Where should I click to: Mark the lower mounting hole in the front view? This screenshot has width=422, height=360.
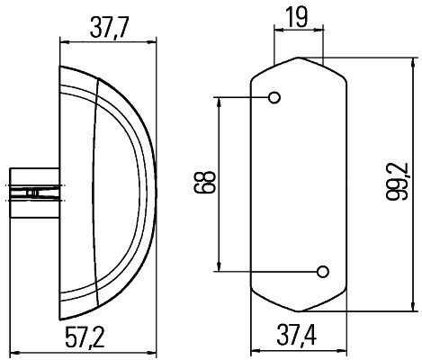(x=321, y=271)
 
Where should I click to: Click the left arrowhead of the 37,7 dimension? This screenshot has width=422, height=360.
(x=63, y=40)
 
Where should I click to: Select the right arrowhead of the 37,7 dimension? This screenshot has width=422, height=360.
(x=151, y=40)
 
